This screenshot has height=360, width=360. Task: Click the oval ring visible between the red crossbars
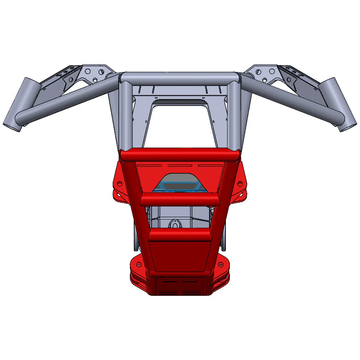[175, 223]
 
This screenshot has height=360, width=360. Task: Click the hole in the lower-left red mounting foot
[139, 265]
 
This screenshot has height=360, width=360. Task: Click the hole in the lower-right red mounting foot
[221, 265]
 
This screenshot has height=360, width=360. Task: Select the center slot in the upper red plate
[180, 165]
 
